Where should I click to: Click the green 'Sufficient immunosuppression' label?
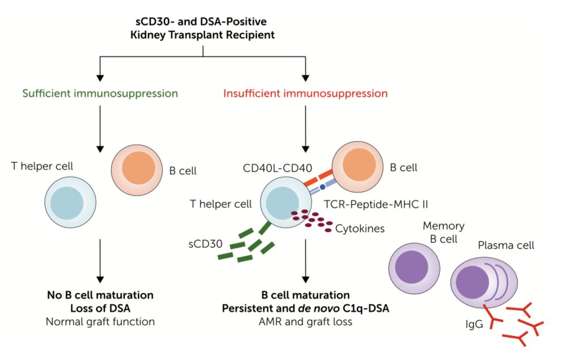tap(100, 93)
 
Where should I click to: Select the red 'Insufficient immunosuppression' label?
tap(305, 93)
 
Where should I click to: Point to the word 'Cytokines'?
tap(360, 229)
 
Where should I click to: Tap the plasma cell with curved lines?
tap(483, 281)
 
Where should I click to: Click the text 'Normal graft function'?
tap(100, 322)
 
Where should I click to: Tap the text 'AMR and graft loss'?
tap(305, 322)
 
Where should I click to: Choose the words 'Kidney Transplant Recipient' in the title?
tap(204, 34)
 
